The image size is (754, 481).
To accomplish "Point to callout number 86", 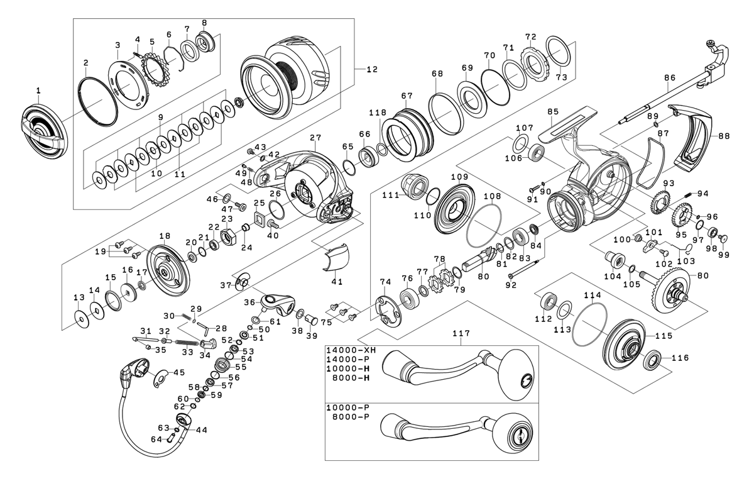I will [x=669, y=77].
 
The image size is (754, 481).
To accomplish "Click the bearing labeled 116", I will [x=652, y=363].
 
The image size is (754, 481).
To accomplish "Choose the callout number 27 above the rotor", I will [x=315, y=137].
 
